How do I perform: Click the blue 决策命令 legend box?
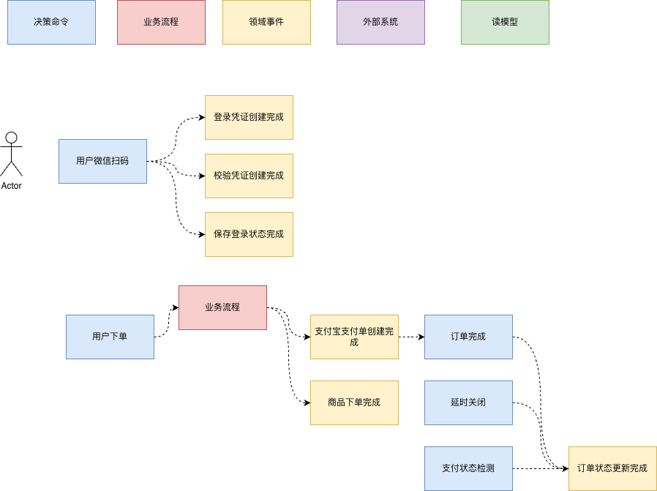(x=51, y=22)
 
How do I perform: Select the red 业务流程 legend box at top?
(x=161, y=22)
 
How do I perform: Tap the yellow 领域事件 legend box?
(x=266, y=22)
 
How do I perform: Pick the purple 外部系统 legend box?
(x=381, y=22)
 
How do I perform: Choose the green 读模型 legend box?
(x=505, y=22)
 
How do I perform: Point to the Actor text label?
(x=11, y=186)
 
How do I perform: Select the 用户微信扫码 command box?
(x=102, y=161)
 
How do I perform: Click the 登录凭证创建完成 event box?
(x=249, y=117)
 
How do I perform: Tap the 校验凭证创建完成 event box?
(x=249, y=176)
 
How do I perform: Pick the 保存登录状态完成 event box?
(x=249, y=235)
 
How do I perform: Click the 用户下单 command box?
(x=110, y=337)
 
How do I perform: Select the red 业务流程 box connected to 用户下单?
(x=223, y=307)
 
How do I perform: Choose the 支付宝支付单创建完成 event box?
(x=355, y=337)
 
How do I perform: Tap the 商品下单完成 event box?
(x=355, y=402)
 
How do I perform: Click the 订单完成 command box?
(x=468, y=337)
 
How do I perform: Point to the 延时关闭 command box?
(x=468, y=402)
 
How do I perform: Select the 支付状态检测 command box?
(x=468, y=468)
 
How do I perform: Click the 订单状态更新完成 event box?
(x=612, y=468)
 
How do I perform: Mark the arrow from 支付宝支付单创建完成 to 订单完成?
(x=411, y=337)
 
